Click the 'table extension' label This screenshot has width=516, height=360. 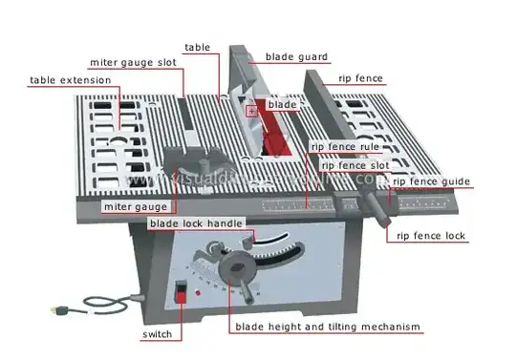click(x=71, y=80)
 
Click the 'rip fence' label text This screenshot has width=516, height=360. click(x=361, y=80)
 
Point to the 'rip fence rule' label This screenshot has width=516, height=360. click(x=346, y=147)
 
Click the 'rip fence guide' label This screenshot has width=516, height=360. click(x=429, y=181)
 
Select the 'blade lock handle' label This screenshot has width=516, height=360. click(x=196, y=223)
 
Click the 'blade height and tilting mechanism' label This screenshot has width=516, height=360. click(x=328, y=328)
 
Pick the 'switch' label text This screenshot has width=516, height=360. click(x=158, y=335)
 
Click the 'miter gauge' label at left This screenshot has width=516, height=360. click(x=136, y=206)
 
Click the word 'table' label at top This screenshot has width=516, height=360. click(x=198, y=46)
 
